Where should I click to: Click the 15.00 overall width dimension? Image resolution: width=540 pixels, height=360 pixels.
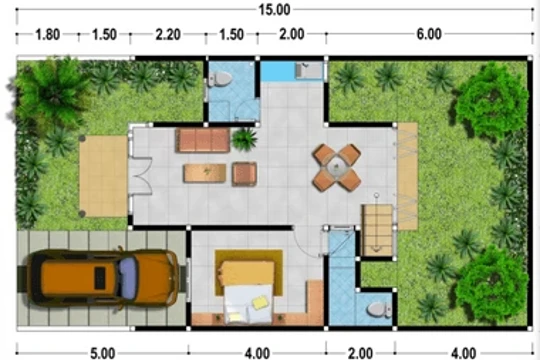274,10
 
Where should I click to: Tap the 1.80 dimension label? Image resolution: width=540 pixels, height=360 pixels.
48,34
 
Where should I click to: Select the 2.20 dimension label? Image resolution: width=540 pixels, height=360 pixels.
168,34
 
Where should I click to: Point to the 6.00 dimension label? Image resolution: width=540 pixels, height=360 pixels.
429,34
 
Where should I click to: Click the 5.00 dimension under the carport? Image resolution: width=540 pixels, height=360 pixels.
102,353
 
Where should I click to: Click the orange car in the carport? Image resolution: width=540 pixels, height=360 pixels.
103,278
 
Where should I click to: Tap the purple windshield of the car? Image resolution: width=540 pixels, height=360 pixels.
128,278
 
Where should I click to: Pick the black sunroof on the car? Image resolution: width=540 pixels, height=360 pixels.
100,278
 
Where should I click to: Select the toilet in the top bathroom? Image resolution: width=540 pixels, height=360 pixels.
219,79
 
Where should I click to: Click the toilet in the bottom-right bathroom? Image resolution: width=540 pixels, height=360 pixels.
379,310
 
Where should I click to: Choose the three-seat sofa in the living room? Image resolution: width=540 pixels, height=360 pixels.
202,140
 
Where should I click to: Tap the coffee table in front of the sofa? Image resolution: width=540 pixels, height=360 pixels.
205,173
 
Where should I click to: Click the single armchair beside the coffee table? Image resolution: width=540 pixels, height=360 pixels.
244,174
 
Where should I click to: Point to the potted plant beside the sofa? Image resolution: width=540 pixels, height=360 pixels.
245,139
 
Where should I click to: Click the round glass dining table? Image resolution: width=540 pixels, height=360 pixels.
336,168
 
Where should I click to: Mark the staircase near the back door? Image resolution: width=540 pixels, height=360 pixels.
377,230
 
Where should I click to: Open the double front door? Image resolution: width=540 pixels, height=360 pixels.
141,176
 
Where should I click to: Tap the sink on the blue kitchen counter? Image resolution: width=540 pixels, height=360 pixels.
309,71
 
